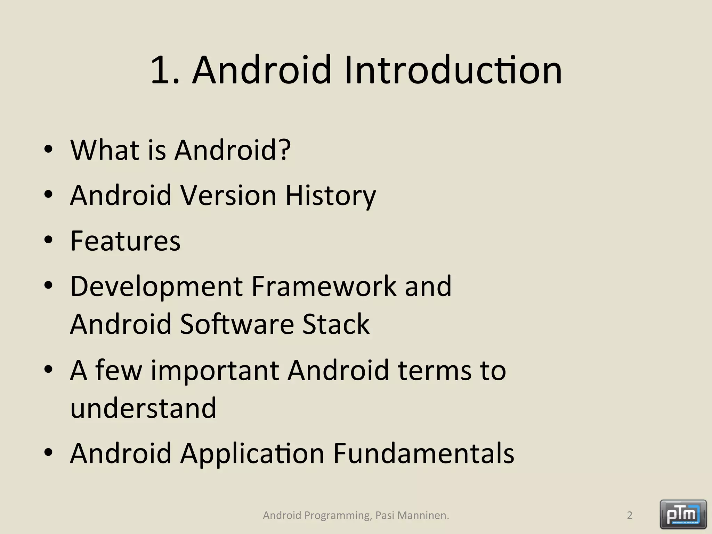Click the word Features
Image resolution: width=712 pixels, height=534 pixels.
[125, 241]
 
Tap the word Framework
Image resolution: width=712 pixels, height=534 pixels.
[324, 286]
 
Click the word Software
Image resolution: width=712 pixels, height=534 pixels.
[237, 324]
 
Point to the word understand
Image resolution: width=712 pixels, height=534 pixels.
[143, 408]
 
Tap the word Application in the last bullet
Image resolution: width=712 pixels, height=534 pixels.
[252, 454]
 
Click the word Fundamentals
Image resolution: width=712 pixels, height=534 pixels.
[424, 453]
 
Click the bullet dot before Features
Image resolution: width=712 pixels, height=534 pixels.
[48, 240]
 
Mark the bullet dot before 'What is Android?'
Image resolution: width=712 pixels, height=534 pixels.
[48, 149]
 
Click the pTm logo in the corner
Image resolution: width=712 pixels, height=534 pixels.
[683, 514]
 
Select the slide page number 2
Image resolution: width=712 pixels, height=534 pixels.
[629, 515]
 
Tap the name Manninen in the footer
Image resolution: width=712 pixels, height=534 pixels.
[423, 515]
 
